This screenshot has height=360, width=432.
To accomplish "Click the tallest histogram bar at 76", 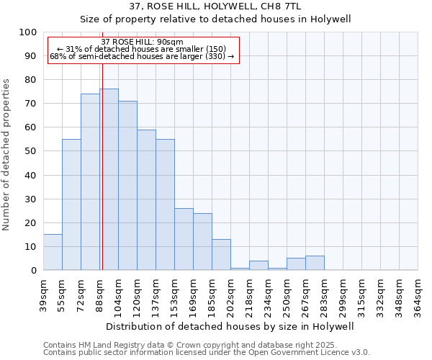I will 109,179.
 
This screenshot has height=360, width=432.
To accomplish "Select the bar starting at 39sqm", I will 53,252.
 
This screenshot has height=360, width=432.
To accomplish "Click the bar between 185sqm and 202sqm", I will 221,255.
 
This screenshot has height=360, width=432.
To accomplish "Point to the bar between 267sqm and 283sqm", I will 315,263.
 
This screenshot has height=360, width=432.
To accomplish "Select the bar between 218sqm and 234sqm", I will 258,266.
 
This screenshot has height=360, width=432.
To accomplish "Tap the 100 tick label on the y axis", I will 28,32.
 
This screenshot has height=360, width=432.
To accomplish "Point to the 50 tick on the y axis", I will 31,151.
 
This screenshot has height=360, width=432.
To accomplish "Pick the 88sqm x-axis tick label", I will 99,295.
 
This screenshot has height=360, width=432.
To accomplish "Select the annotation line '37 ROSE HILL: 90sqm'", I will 143,42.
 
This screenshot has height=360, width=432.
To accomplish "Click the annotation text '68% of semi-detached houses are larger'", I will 142,56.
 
